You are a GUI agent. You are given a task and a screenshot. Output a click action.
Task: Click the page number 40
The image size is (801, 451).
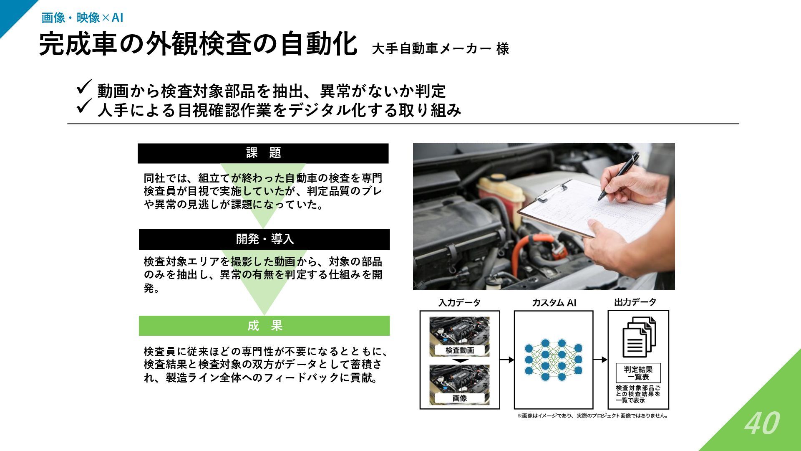pyautogui.click(x=762, y=423)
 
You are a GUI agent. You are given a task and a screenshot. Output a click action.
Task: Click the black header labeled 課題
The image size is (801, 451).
pyautogui.click(x=263, y=153)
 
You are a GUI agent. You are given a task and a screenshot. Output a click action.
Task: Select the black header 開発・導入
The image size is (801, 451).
pyautogui.click(x=264, y=239)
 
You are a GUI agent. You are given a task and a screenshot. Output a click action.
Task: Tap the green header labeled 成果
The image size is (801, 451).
pyautogui.click(x=264, y=326)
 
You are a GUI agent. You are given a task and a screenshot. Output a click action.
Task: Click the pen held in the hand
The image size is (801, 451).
pyautogui.click(x=619, y=175)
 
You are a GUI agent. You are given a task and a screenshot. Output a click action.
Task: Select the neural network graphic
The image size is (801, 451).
pyautogui.click(x=553, y=360)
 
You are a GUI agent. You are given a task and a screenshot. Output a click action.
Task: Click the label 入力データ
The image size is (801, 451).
pyautogui.click(x=459, y=303)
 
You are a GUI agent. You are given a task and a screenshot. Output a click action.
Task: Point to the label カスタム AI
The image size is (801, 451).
pyautogui.click(x=554, y=303)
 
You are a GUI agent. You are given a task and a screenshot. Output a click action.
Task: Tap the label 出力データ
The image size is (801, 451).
pyautogui.click(x=635, y=302)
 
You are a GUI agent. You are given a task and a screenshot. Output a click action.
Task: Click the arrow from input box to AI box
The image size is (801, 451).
pyautogui.click(x=506, y=360)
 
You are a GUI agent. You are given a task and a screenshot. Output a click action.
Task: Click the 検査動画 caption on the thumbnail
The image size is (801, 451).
pyautogui.click(x=460, y=350)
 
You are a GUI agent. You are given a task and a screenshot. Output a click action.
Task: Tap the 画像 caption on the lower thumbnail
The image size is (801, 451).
pyautogui.click(x=460, y=398)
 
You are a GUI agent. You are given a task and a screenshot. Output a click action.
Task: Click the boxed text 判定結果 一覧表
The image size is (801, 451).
pyautogui.click(x=638, y=372)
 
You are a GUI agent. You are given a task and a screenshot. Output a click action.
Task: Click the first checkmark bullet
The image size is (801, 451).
pyautogui.click(x=84, y=88)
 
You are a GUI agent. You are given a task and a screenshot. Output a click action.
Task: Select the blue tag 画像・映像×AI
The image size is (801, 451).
pyautogui.click(x=82, y=18)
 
